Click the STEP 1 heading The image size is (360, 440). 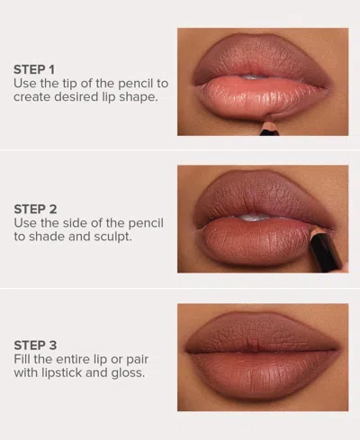pyautogui.click(x=35, y=68)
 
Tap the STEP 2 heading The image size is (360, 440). pyautogui.click(x=35, y=206)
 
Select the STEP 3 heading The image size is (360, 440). pyautogui.click(x=35, y=345)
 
